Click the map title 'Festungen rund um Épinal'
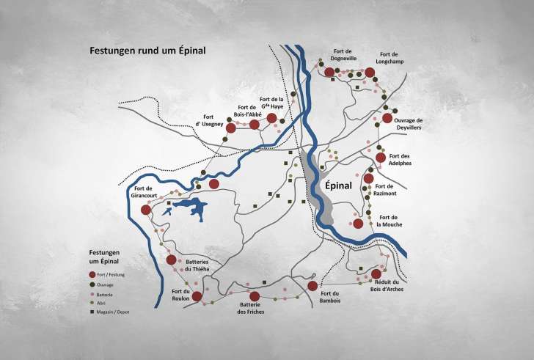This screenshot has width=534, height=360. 147,51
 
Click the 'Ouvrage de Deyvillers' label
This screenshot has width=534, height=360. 409,124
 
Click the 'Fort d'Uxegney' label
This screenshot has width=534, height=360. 209,121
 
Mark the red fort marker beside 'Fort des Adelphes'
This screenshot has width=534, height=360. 381,157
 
